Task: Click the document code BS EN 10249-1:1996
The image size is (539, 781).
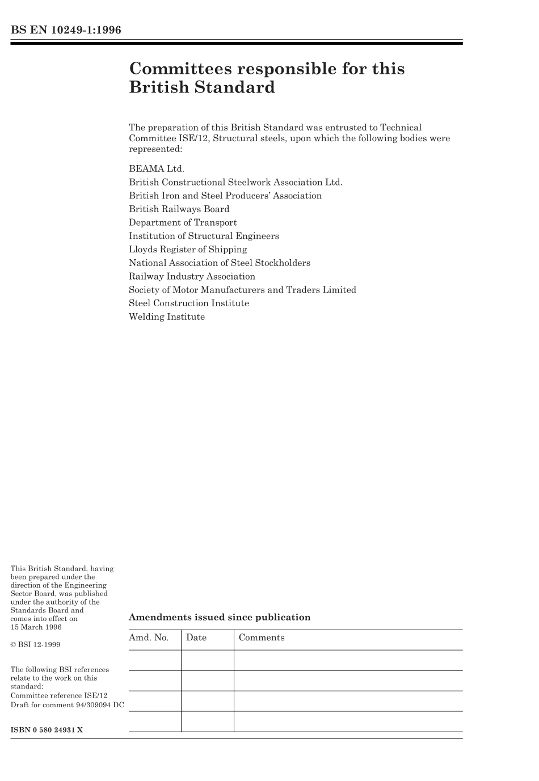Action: (x=66, y=30)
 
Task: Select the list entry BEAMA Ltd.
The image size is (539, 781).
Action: (x=157, y=168)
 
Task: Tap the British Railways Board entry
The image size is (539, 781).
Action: (x=179, y=209)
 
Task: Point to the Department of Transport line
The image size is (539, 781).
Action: (x=183, y=222)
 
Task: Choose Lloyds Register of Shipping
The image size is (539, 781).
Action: (x=188, y=249)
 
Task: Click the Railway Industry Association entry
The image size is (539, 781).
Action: (x=192, y=276)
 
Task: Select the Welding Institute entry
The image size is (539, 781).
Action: (x=167, y=316)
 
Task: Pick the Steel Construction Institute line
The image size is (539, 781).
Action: (x=189, y=303)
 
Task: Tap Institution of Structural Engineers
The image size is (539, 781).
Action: (x=204, y=236)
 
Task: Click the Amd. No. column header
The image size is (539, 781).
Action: (x=149, y=638)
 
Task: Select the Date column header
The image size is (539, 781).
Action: (x=196, y=638)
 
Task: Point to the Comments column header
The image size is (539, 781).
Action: (x=262, y=638)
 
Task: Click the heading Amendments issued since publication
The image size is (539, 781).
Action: (x=220, y=617)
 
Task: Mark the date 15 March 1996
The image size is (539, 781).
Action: (x=36, y=627)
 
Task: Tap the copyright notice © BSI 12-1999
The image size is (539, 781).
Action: (x=35, y=645)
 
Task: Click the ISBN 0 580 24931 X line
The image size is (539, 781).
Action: (x=47, y=730)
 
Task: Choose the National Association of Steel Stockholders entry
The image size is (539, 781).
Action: (x=220, y=263)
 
